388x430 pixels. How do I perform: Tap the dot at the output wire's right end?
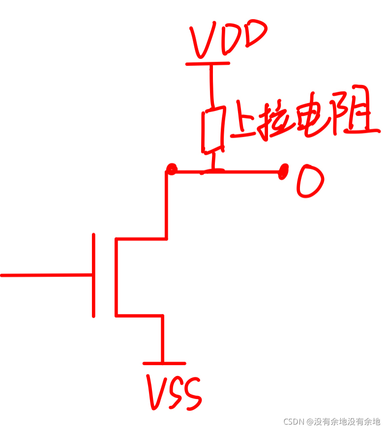coord(284,172)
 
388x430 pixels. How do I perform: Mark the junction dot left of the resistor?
coord(171,170)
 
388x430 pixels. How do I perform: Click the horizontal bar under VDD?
coord(208,63)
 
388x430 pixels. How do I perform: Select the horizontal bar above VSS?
coord(164,364)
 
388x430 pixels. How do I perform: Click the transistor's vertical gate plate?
coord(93,275)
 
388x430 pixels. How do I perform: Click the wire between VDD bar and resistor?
coord(212,86)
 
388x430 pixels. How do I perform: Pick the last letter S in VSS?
coord(192,396)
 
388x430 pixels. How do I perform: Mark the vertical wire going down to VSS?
coord(162,339)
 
